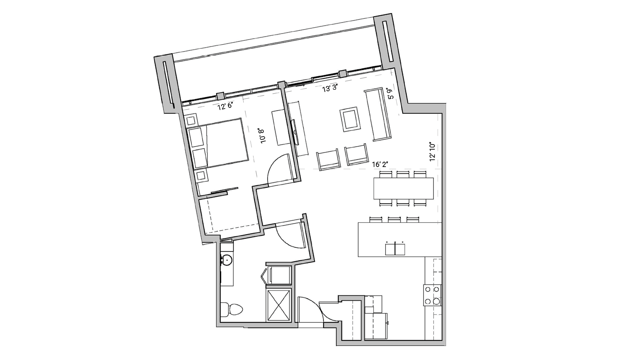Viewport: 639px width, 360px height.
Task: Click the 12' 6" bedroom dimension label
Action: coord(225,106)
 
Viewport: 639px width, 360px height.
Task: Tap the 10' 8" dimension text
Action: coord(262,136)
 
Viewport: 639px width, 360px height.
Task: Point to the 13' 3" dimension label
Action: coord(330,88)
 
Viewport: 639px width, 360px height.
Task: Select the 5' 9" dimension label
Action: coord(390,94)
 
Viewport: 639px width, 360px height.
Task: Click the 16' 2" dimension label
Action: coord(380,164)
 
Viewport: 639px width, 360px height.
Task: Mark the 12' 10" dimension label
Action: coord(432,152)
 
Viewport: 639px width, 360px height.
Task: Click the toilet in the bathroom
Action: coord(232,309)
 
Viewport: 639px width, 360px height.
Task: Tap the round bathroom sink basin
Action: coord(227,260)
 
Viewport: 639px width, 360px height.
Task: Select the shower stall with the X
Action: coord(279,305)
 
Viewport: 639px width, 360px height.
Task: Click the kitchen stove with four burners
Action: coord(432,295)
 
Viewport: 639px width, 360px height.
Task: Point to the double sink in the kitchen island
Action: coord(395,249)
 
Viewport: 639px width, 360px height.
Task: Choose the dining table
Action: coord(403,188)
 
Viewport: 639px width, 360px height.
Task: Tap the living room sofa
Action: coord(378,114)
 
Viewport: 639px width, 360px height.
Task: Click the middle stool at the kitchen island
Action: coord(394,219)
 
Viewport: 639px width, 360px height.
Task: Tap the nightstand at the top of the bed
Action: coord(192,121)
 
